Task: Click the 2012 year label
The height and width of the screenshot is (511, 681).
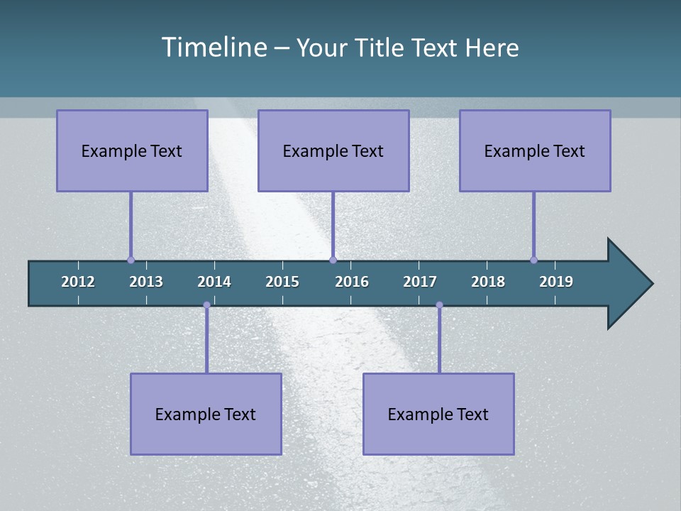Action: pos(78,282)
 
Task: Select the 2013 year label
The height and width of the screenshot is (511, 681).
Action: pos(146,282)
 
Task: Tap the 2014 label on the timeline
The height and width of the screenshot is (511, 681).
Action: pos(214,282)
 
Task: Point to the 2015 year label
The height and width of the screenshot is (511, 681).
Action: pos(282,282)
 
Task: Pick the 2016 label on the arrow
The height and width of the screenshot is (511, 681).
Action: pos(352,282)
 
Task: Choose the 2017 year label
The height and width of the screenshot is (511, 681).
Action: pos(420,282)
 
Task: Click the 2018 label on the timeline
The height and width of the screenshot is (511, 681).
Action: pos(488,282)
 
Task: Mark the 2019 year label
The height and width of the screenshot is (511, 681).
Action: pos(556,282)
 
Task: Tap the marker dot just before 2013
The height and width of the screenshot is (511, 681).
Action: pos(131,260)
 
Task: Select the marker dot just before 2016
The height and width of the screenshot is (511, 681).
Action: pos(333,260)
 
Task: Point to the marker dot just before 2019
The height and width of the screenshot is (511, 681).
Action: pos(533,260)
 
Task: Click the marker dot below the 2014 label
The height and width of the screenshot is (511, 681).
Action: pos(206,305)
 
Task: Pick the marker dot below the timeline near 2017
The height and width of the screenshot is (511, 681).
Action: pos(439,305)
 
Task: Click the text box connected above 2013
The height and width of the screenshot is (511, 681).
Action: pos(132,150)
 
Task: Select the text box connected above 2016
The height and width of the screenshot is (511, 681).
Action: pos(333,150)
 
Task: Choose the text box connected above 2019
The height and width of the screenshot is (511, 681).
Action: pos(535,150)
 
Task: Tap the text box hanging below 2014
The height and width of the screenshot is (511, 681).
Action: pos(206,414)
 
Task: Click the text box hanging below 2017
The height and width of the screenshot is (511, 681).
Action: pos(438,414)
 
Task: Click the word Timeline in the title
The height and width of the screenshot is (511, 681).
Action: pos(214,47)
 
